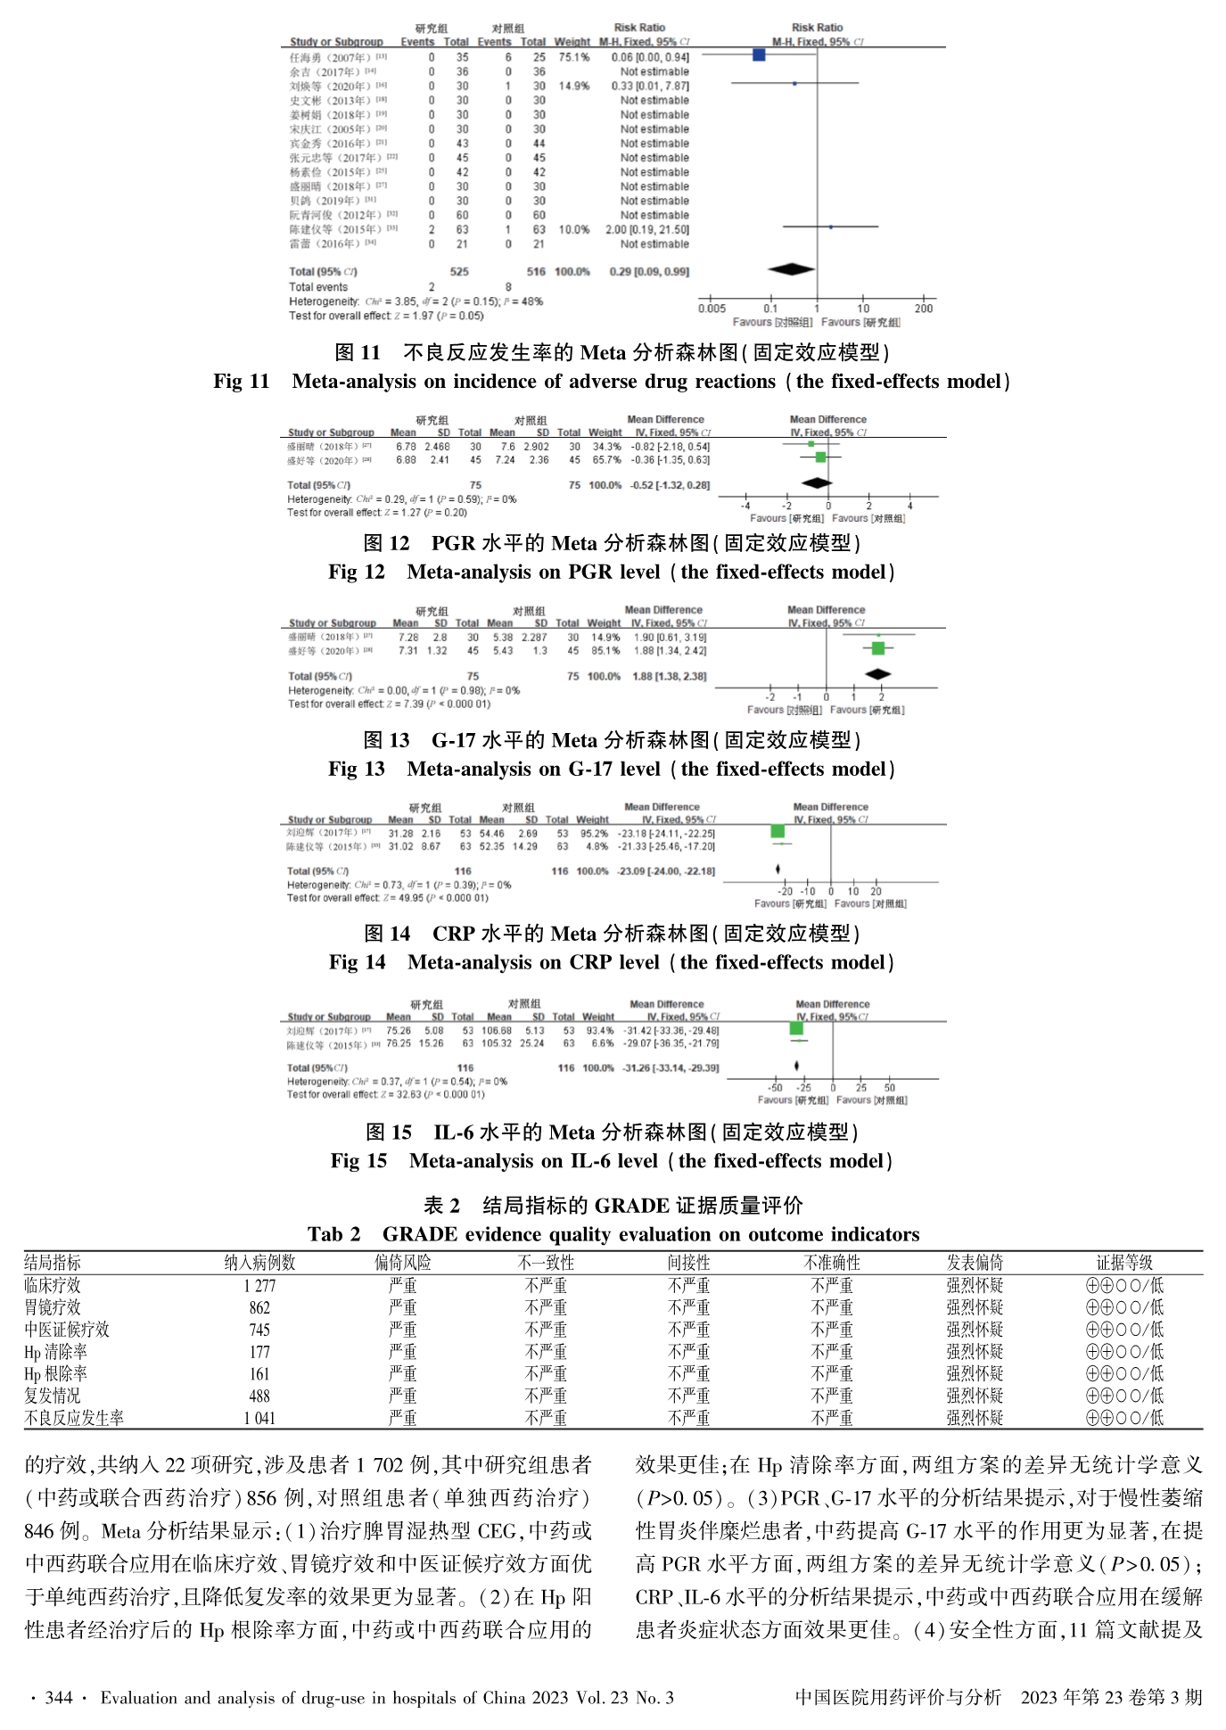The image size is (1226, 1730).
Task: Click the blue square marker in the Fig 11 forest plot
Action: click(x=759, y=55)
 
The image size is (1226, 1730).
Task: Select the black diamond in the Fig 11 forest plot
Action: click(x=792, y=269)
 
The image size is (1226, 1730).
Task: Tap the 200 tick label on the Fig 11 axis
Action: click(x=924, y=309)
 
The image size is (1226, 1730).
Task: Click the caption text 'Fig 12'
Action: click(x=357, y=573)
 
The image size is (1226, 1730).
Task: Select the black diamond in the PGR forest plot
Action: click(x=817, y=483)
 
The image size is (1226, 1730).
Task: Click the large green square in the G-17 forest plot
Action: click(x=878, y=648)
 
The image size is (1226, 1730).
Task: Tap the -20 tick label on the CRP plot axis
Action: click(x=785, y=891)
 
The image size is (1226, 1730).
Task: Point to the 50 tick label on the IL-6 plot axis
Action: click(x=890, y=1088)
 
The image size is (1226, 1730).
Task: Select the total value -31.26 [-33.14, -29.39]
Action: click(x=670, y=1067)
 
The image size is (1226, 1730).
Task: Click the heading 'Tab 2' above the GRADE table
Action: click(x=334, y=1234)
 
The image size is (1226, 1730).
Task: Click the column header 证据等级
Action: click(x=1124, y=1263)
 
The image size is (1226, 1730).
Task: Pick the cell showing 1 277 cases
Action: click(x=259, y=1286)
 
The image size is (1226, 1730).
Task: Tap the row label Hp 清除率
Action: click(x=56, y=1352)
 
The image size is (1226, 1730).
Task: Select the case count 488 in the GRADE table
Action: click(x=259, y=1396)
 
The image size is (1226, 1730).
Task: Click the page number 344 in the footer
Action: click(x=58, y=1698)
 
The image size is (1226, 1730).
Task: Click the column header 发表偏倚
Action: click(x=975, y=1263)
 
